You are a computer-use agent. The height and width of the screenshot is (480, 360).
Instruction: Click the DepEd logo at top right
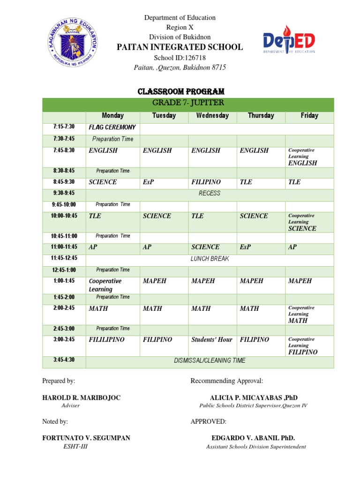pyautogui.click(x=288, y=42)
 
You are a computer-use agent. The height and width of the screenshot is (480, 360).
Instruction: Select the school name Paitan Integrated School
pyautogui.click(x=180, y=47)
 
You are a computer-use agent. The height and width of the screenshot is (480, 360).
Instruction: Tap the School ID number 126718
pyautogui.click(x=193, y=58)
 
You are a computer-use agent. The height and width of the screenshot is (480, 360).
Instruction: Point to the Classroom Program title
pyautogui.click(x=180, y=91)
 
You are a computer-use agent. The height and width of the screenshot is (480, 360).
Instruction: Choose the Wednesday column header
pyautogui.click(x=212, y=115)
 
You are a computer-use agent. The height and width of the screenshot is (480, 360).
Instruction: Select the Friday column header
pyautogui.click(x=309, y=115)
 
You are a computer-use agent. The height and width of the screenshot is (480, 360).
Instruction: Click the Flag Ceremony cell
pyautogui.click(x=112, y=127)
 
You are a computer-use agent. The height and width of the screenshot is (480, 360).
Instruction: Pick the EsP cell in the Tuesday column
pyautogui.click(x=148, y=182)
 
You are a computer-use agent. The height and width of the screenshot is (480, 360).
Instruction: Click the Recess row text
pyautogui.click(x=210, y=193)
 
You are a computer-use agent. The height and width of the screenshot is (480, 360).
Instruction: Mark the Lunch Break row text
pyautogui.click(x=210, y=259)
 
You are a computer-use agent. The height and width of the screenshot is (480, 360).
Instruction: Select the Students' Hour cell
pyautogui.click(x=212, y=339)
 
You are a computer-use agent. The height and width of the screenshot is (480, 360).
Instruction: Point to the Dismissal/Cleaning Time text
pyautogui.click(x=210, y=360)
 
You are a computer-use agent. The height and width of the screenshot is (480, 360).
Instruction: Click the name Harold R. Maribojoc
pyautogui.click(x=81, y=397)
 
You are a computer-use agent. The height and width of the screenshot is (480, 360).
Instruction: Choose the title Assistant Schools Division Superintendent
pyautogui.click(x=256, y=447)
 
